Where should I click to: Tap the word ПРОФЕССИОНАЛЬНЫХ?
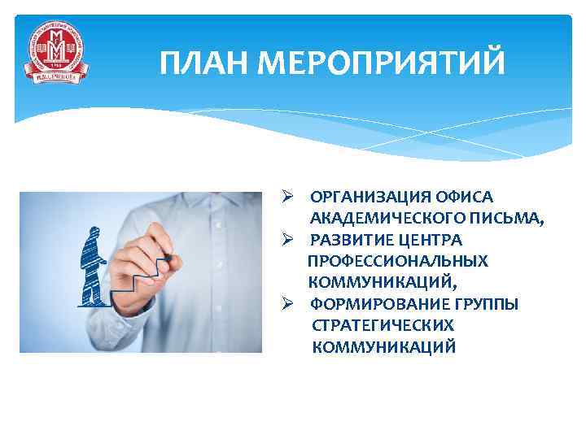pyautogui.click(x=398, y=261)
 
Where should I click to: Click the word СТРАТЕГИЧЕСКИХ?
pyautogui.click(x=383, y=325)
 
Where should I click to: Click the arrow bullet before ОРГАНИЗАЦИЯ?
pyautogui.click(x=288, y=198)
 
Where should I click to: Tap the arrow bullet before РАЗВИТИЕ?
pyautogui.click(x=288, y=240)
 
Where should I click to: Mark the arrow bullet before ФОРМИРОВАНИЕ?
pyautogui.click(x=288, y=304)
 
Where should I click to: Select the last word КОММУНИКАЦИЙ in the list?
pyautogui.click(x=383, y=346)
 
